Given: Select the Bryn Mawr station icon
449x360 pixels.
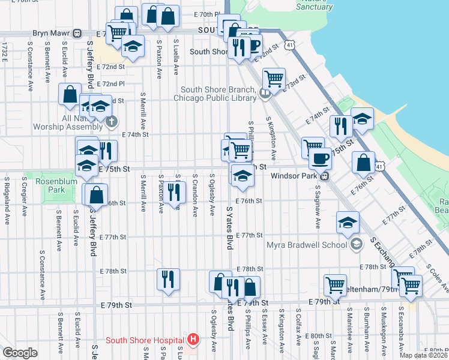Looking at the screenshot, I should [77, 34].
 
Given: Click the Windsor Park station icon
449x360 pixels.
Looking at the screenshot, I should [324, 176].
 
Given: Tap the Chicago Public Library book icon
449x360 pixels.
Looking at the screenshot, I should [265, 94].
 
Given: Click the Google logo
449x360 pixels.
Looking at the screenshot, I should [20, 353].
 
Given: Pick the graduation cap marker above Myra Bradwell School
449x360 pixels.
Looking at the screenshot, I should [348, 223].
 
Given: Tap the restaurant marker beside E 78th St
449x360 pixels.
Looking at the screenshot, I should [169, 278].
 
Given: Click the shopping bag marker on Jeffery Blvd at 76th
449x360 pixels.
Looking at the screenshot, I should [95, 194].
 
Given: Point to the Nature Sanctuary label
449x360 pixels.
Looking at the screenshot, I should [315, 5].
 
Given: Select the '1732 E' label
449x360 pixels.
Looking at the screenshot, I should [5, 50].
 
